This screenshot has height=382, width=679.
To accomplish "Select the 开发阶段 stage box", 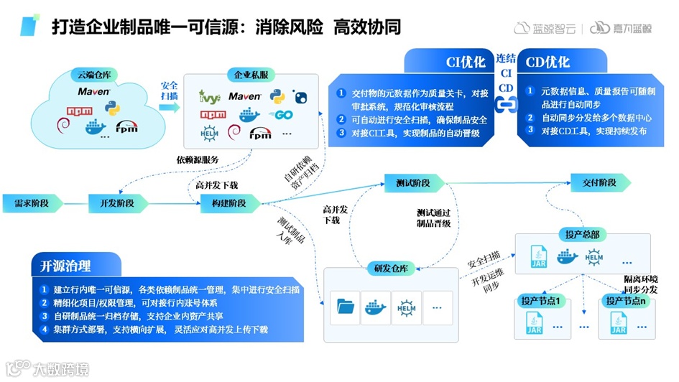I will pos(111,203).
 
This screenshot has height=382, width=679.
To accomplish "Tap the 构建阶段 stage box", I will pos(223,203).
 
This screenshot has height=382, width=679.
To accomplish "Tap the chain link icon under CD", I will pos(507,104).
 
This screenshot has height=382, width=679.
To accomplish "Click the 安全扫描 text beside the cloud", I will pos(170,90).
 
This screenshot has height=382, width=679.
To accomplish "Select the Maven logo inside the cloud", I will pos(95,92).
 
